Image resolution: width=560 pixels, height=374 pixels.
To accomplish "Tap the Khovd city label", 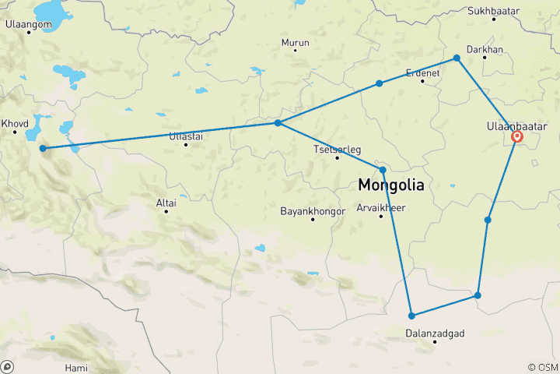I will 15,123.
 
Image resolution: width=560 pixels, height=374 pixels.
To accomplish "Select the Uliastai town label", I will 186,136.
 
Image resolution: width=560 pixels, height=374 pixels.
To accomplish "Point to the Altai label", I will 166,203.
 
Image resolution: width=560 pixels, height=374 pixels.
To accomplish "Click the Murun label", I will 295,43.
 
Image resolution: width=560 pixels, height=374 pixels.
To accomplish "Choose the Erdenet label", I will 423,72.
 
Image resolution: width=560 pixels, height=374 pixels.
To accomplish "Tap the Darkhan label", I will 498,49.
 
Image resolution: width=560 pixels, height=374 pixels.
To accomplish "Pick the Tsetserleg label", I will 337,149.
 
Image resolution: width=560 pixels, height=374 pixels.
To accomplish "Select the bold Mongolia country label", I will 391,186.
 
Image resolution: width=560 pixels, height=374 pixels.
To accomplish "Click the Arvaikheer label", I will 381,207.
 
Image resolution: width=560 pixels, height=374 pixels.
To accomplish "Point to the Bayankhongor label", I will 313,210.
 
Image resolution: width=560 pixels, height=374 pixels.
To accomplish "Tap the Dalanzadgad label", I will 436,333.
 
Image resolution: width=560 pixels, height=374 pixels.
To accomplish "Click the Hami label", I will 77,367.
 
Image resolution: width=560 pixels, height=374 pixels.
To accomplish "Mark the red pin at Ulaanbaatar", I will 517,137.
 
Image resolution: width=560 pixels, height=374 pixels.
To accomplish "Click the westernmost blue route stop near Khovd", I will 43,148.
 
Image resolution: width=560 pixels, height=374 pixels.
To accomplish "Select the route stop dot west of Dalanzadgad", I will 411,316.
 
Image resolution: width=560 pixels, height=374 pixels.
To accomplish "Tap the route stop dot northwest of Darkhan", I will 457,58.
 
